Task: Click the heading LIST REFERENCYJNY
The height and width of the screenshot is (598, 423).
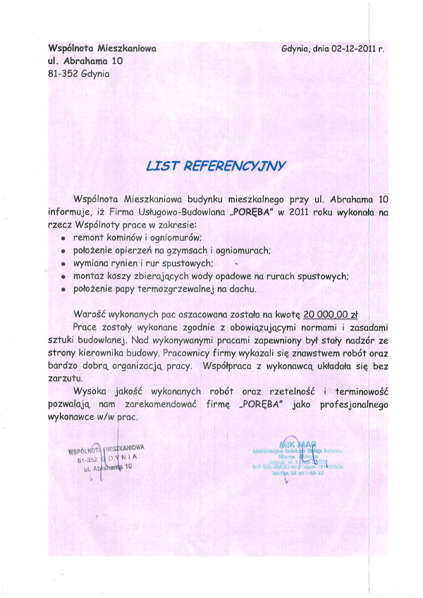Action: [x=216, y=166]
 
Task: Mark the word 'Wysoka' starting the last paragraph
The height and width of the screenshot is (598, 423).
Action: [x=91, y=391]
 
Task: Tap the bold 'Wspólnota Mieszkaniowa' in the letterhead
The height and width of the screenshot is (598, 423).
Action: [x=102, y=49]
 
